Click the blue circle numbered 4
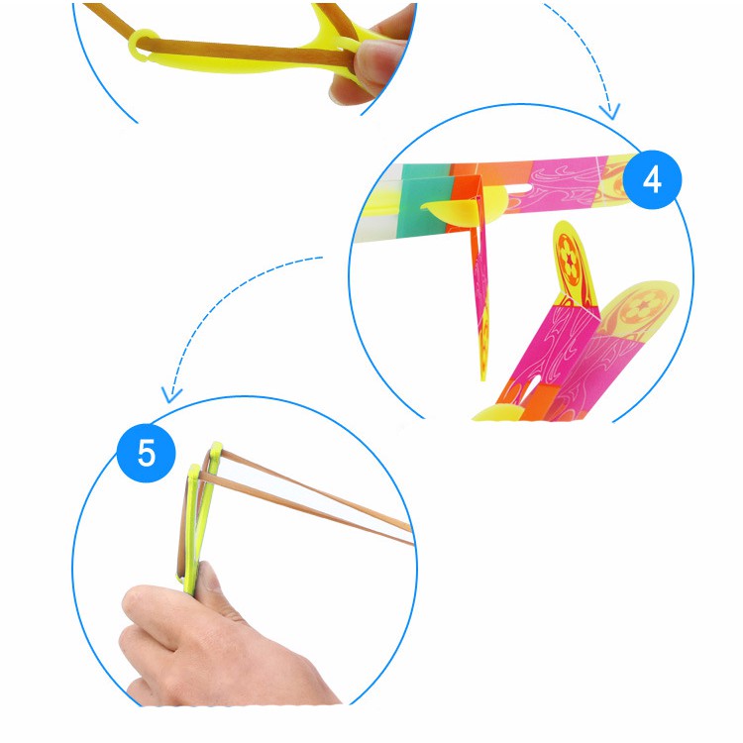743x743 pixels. [x=652, y=179]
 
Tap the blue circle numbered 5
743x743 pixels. [x=146, y=453]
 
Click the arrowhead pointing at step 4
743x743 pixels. [x=610, y=112]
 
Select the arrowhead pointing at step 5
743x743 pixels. [x=171, y=394]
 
